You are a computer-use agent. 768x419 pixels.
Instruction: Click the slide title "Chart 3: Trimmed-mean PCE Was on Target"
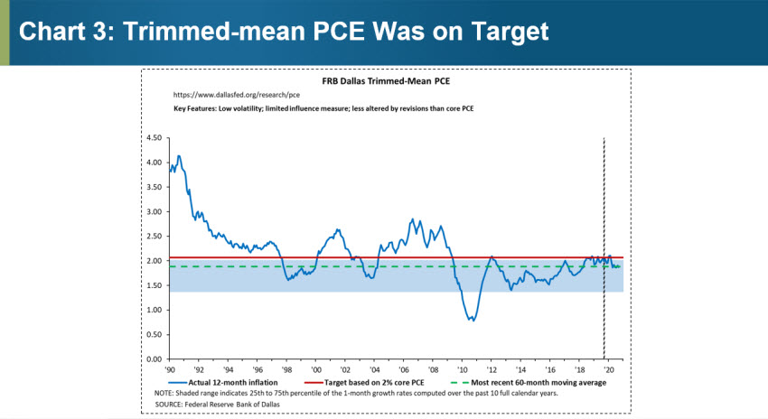pyautogui.click(x=284, y=32)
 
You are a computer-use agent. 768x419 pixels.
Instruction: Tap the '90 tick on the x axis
pyautogui.click(x=169, y=370)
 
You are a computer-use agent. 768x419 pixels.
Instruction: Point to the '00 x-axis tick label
pyautogui.click(x=315, y=370)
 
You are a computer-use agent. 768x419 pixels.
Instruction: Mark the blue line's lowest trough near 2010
pyautogui.click(x=472, y=321)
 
